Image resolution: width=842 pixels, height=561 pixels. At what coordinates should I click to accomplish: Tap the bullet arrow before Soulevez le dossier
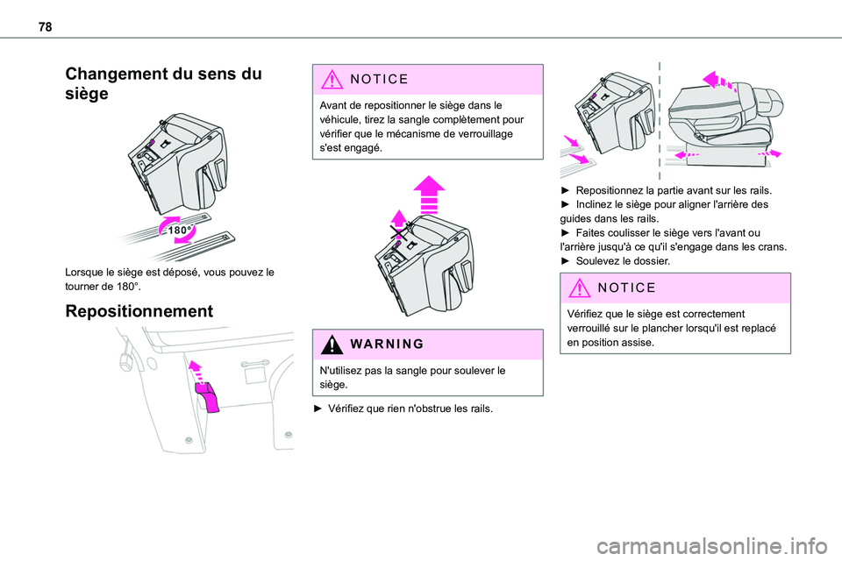pos(566,262)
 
